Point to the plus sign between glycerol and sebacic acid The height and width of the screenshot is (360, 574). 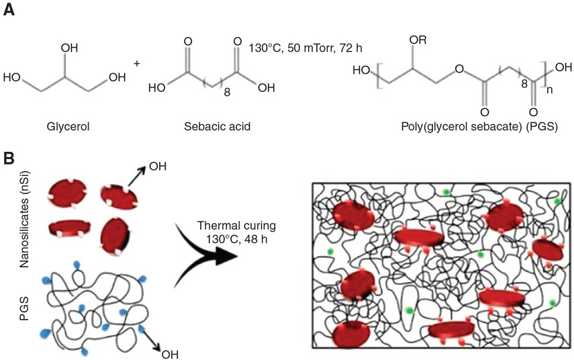[x=137, y=64]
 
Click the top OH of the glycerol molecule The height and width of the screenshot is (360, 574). [x=70, y=49]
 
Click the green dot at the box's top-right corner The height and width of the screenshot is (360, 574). [x=557, y=201]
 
